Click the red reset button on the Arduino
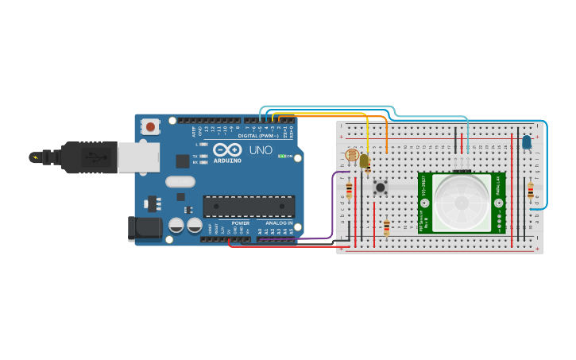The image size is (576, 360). (x=150, y=126)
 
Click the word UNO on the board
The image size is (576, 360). (x=261, y=150)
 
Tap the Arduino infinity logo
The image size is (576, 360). (x=226, y=149)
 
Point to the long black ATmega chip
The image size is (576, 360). (x=249, y=206)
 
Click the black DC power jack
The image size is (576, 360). (x=145, y=228)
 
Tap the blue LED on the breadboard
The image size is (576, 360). (x=526, y=142)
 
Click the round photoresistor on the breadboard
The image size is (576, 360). (x=352, y=155)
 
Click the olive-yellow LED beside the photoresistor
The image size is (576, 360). (x=364, y=161)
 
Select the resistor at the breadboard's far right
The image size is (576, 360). (x=531, y=191)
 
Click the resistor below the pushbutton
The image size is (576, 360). (x=387, y=227)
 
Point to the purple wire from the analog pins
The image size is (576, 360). (x=332, y=207)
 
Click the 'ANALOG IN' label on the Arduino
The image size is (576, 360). (x=279, y=223)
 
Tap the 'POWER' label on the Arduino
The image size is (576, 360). (x=241, y=223)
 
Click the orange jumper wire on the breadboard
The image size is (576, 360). (x=387, y=135)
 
